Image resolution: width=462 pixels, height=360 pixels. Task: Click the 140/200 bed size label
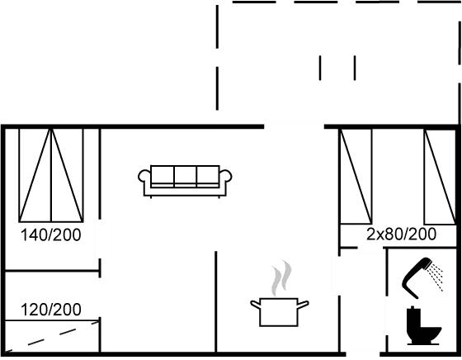tap(51, 235)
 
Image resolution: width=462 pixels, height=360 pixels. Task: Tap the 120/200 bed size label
tap(51, 310)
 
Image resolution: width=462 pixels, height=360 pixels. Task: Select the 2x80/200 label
tap(401, 234)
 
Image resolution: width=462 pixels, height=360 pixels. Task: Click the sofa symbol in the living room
tap(184, 181)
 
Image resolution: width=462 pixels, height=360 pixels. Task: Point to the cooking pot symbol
tap(279, 311)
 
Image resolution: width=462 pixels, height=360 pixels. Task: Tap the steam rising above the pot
tap(281, 277)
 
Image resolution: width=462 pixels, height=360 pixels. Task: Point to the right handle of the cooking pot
tap(305, 305)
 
